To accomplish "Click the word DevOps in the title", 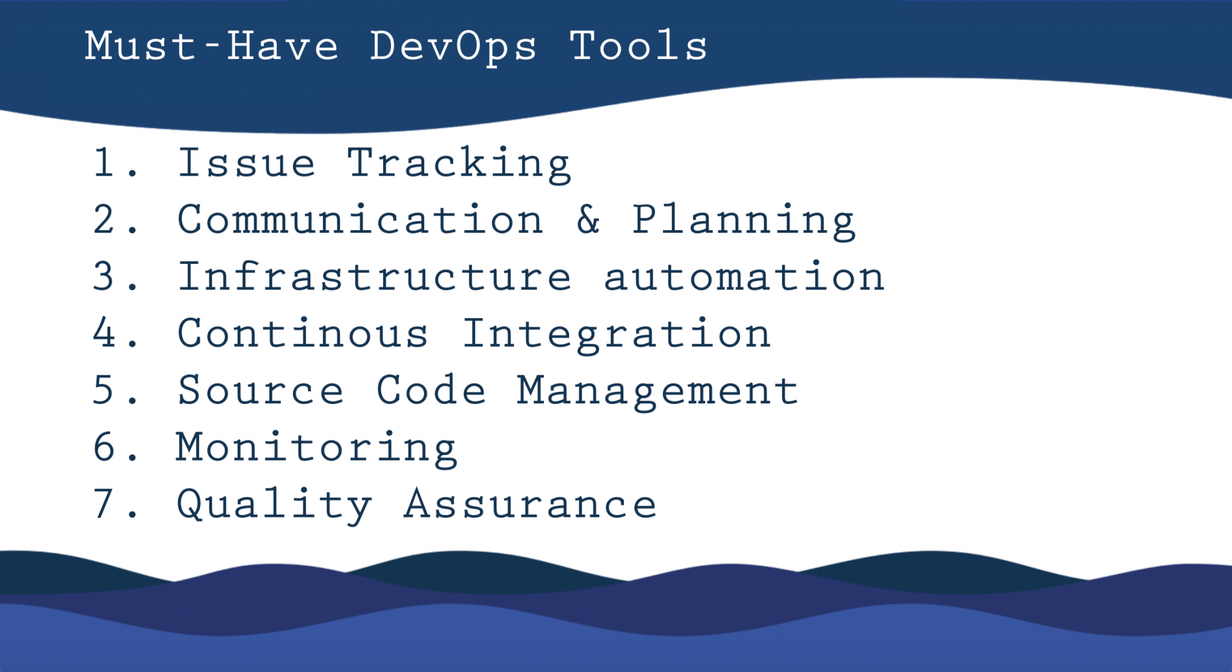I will [453, 47].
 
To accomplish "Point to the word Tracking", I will [458, 163].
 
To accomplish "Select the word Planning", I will [743, 221].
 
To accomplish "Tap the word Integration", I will [616, 334].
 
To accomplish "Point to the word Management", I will [658, 391].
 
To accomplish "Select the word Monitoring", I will [316, 448].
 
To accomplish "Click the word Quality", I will [274, 505].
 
